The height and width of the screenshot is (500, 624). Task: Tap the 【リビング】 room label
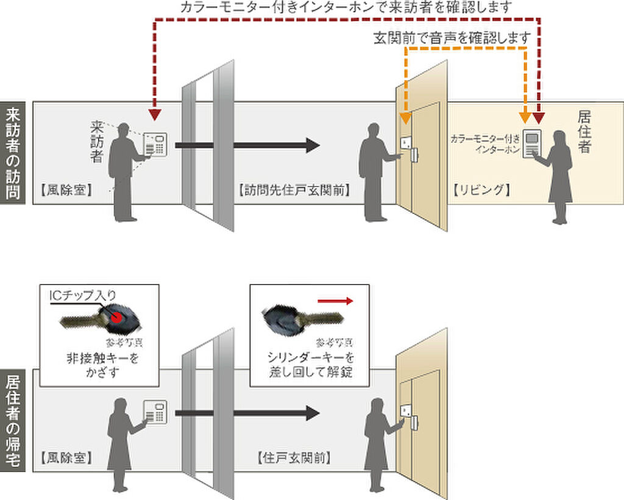point(482,190)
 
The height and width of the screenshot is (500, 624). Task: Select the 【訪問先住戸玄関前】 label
point(293,190)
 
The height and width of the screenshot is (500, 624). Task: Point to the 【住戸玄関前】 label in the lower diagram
point(294,457)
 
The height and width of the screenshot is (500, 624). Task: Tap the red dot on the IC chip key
point(118,317)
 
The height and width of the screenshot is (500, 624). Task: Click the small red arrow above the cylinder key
point(336,300)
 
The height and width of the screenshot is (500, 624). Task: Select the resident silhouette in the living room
point(559,177)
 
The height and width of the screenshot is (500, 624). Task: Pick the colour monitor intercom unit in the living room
point(531,145)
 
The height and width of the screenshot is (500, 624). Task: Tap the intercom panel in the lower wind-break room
point(155,412)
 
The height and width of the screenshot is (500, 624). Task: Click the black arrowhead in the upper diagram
point(312,145)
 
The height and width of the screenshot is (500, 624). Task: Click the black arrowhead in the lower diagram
point(312,413)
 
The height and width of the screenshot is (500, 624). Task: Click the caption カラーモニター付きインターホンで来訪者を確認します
point(346,7)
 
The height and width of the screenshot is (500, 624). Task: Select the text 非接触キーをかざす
point(102,364)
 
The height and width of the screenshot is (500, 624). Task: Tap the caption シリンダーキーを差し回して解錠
point(310,364)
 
